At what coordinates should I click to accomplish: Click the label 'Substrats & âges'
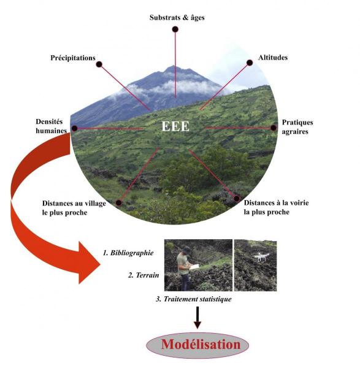click(177, 18)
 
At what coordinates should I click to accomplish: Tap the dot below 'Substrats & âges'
click(175, 29)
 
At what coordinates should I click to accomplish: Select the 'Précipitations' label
click(73, 58)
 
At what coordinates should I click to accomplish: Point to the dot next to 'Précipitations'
click(99, 64)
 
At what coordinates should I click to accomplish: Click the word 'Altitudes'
click(273, 58)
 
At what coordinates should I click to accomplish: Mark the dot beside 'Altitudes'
click(250, 63)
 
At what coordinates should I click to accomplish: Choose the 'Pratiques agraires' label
click(297, 127)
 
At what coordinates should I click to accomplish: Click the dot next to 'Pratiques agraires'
click(274, 128)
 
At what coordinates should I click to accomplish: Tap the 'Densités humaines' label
click(51, 126)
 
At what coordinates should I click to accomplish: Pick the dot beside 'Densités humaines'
click(75, 128)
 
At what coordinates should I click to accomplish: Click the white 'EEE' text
click(175, 126)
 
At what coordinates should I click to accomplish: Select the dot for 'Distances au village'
click(119, 202)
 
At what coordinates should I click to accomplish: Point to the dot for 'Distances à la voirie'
click(237, 198)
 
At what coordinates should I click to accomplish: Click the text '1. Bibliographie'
click(128, 253)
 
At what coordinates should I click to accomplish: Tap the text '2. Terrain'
click(144, 275)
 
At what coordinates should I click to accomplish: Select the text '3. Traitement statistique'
click(194, 299)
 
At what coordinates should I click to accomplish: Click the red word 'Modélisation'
click(201, 345)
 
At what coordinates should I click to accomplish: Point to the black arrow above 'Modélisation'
click(197, 318)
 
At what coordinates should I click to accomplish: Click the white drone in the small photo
click(261, 256)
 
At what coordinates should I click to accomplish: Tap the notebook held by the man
click(194, 267)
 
